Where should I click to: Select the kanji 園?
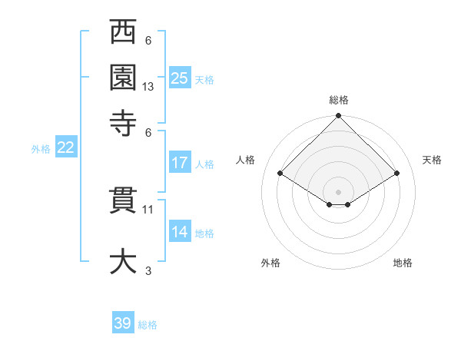pos(123,77)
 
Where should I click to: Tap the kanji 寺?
pos(123,121)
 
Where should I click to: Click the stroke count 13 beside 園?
pos(148,87)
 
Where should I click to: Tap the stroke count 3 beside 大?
pos(148,270)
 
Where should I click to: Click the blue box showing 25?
pos(180,78)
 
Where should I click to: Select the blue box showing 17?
pos(180,163)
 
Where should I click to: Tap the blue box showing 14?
pos(180,232)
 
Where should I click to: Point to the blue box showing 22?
pos(65,148)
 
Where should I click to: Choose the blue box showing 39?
pos(123,323)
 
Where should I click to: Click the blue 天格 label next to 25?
pos(204,79)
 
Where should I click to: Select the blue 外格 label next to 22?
pos(41,149)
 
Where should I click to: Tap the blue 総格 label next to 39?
pos(148,324)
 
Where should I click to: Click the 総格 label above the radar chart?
pos(339,100)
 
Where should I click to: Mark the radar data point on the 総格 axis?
pos(339,117)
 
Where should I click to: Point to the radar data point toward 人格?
pos(280,174)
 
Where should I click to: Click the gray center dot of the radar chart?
pos(339,191)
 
